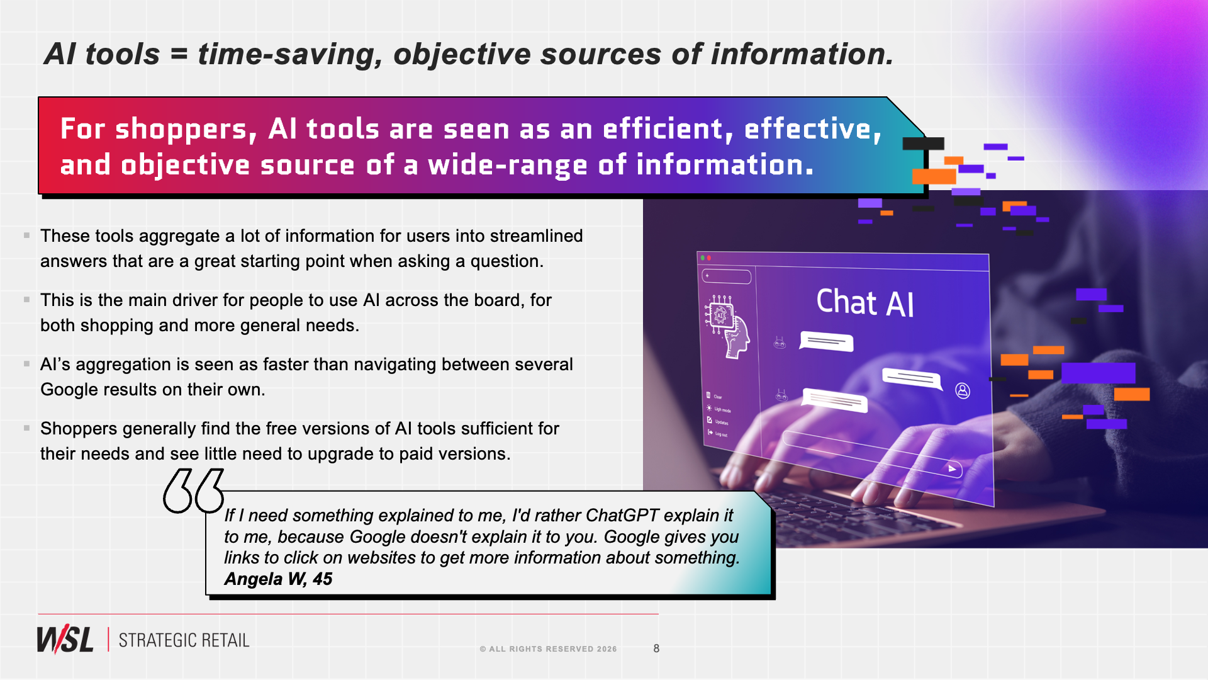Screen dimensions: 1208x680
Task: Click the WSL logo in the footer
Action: pyautogui.click(x=65, y=640)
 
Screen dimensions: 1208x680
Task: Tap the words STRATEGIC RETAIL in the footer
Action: pyautogui.click(x=184, y=640)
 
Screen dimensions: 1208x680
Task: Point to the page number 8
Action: pyautogui.click(x=656, y=649)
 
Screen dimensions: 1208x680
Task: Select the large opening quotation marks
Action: pyautogui.click(x=193, y=491)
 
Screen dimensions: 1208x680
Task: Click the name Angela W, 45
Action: pyautogui.click(x=278, y=579)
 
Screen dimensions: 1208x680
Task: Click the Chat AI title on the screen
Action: pyautogui.click(x=865, y=303)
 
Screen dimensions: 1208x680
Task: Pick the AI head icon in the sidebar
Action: pyautogui.click(x=728, y=327)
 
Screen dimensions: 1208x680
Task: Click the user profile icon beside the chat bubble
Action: pyautogui.click(x=963, y=391)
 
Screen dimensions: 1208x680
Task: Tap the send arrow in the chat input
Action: pyautogui.click(x=952, y=468)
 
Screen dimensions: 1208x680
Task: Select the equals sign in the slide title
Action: pyautogui.click(x=179, y=54)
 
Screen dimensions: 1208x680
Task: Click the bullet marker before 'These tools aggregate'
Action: pyautogui.click(x=26, y=235)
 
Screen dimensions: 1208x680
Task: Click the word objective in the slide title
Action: pyautogui.click(x=464, y=55)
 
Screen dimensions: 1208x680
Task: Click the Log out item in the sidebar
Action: pyautogui.click(x=718, y=433)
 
